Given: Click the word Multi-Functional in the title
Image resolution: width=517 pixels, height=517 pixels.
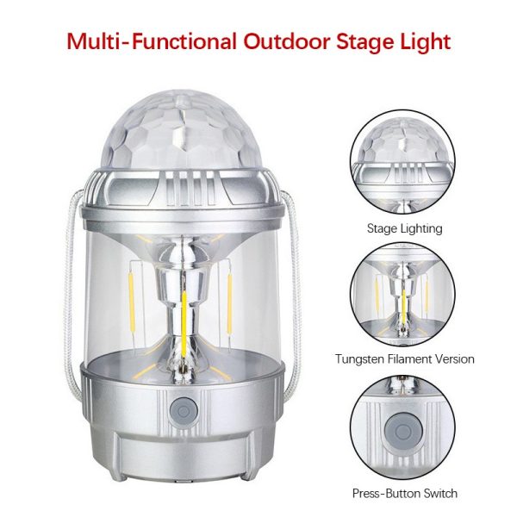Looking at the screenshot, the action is click(x=152, y=41).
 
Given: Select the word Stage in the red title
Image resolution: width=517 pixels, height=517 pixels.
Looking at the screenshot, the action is click(x=367, y=43).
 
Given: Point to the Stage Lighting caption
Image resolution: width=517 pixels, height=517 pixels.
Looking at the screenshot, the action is click(x=405, y=228).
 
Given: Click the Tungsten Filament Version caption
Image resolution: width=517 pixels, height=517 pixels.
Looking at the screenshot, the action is click(x=405, y=358).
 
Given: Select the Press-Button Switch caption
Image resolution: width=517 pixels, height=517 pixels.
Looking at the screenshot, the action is click(x=405, y=493).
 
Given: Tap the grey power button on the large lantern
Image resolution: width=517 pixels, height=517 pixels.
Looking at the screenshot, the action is click(x=184, y=412).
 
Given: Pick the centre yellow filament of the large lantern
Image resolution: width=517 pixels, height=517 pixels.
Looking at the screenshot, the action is click(x=184, y=325).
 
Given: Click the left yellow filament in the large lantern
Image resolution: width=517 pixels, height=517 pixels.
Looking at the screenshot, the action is click(x=131, y=302).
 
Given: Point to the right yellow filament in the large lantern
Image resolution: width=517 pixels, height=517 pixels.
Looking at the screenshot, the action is click(x=230, y=302).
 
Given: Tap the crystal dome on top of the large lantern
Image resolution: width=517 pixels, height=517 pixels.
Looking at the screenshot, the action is click(x=184, y=130).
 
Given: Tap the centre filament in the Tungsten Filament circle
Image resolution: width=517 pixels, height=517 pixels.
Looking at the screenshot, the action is click(x=404, y=307).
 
